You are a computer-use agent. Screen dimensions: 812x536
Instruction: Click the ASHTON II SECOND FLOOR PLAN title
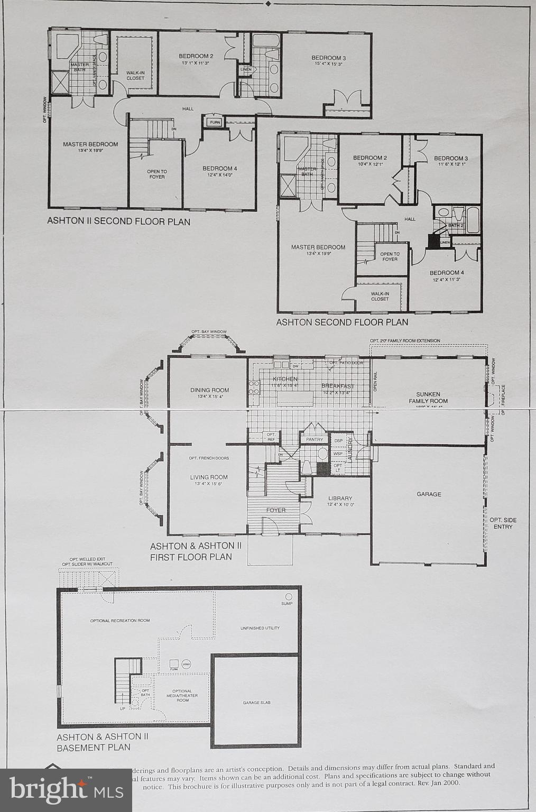[x=118, y=222]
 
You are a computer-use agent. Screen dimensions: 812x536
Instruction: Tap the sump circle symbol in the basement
[x=288, y=596]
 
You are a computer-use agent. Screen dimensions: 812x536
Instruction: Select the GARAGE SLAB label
[x=256, y=703]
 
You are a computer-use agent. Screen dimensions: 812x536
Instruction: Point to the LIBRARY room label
[x=340, y=498]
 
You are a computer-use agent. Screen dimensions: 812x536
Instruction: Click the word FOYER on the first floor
[x=275, y=510]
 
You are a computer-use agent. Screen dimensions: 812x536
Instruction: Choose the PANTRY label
[x=314, y=439]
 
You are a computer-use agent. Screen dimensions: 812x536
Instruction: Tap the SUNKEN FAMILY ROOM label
[x=428, y=398]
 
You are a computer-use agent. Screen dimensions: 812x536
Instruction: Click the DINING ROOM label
[x=209, y=390]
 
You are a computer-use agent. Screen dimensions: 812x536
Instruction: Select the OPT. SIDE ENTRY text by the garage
[x=503, y=523]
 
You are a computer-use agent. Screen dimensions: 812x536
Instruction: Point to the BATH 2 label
[x=455, y=226]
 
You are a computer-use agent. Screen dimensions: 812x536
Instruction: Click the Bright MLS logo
[x=66, y=790]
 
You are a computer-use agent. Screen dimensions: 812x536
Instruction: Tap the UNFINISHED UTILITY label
[x=260, y=628]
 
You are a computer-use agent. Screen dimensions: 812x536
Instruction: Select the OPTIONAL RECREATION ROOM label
[x=120, y=620]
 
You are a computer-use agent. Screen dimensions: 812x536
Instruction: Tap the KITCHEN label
[x=285, y=379]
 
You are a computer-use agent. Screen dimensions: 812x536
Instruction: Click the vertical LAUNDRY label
[x=349, y=449]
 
